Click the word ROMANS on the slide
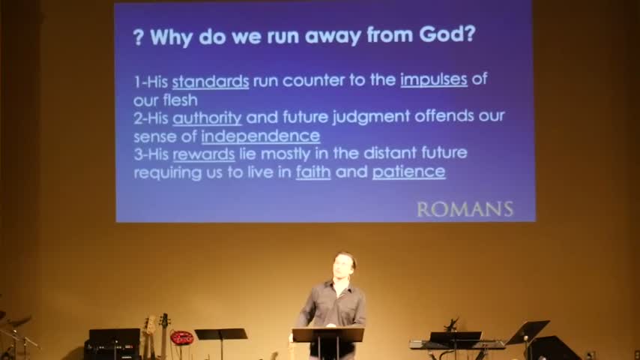click(x=465, y=209)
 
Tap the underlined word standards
click(x=210, y=81)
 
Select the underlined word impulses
click(x=434, y=79)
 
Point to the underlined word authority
click(x=207, y=118)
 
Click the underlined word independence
click(x=260, y=136)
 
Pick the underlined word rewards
click(x=204, y=154)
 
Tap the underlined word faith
click(x=313, y=172)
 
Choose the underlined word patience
click(x=408, y=172)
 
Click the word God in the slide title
click(x=447, y=34)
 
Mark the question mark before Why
click(x=139, y=37)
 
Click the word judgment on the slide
click(x=371, y=117)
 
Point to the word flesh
click(x=181, y=100)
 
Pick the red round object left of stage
click(x=181, y=337)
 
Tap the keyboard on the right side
click(x=457, y=344)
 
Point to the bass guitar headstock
click(x=164, y=320)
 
